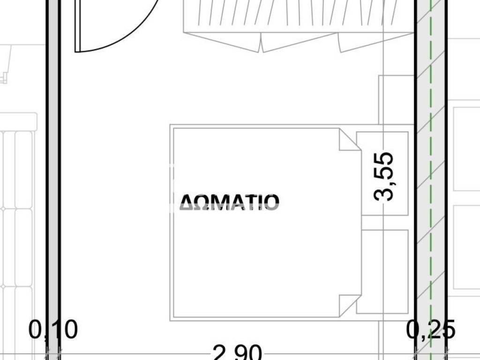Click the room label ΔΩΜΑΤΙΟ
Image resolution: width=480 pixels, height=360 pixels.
tap(230, 202)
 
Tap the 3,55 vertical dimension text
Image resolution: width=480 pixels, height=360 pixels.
tap(387, 176)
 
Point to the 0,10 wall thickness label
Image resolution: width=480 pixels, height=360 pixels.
tap(53, 330)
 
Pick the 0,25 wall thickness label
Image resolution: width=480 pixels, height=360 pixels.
tap(431, 330)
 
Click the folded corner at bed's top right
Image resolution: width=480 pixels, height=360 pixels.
tap(349, 140)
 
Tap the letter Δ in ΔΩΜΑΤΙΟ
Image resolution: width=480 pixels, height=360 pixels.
tap(188, 202)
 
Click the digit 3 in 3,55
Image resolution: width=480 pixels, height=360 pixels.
tap(387, 192)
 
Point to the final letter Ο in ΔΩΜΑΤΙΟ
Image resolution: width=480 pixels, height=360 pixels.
tap(271, 202)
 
